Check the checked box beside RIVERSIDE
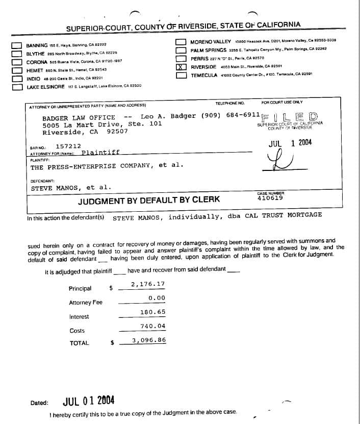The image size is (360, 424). click(x=181, y=67)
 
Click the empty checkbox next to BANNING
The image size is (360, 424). click(x=17, y=45)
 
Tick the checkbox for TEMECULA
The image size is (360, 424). click(x=181, y=76)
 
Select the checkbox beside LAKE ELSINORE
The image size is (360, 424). click(x=17, y=87)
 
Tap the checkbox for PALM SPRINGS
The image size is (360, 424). click(x=181, y=50)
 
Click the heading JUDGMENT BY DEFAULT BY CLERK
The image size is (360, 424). click(x=149, y=201)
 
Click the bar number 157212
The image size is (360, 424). click(x=66, y=145)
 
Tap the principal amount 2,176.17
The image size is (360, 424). click(x=148, y=284)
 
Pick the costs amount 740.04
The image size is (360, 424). click(x=152, y=326)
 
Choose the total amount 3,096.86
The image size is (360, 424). click(x=148, y=340)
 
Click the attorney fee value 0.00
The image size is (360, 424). click(x=157, y=298)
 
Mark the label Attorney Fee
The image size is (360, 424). click(x=86, y=303)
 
